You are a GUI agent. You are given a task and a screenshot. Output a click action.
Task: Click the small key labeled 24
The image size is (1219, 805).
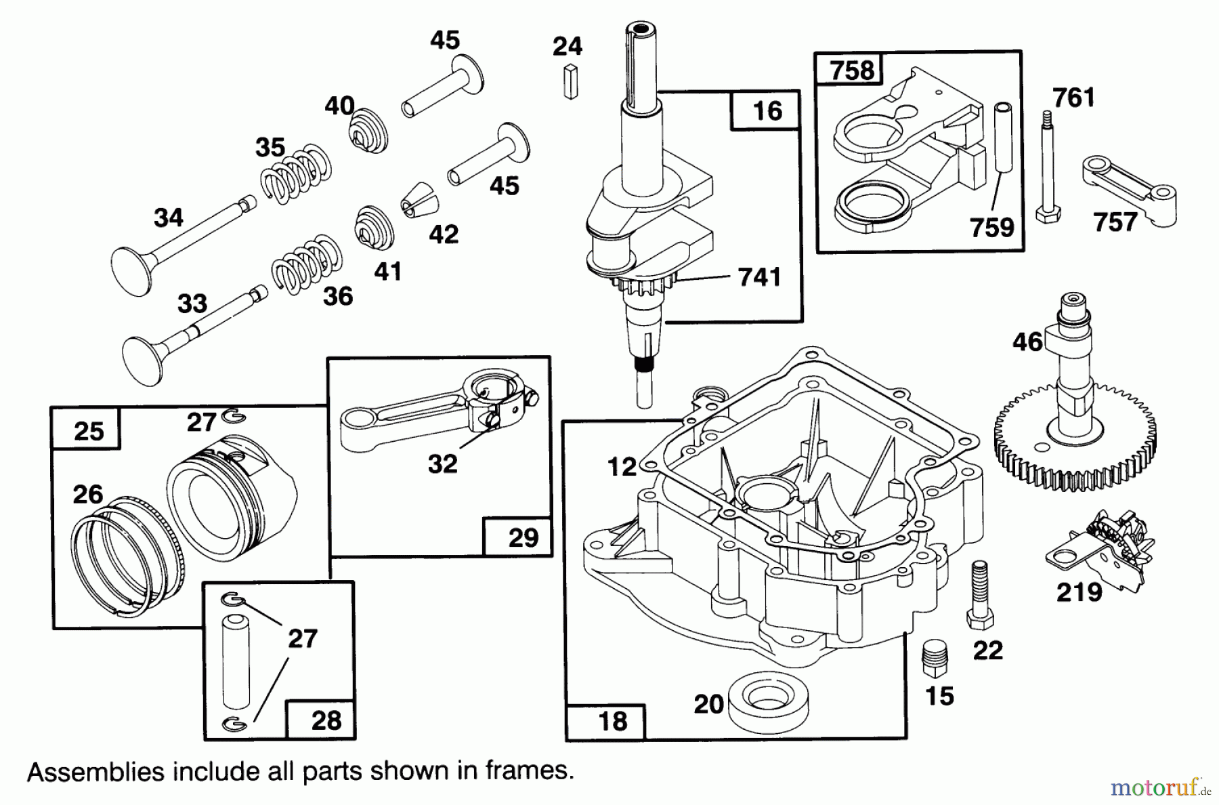click(x=571, y=82)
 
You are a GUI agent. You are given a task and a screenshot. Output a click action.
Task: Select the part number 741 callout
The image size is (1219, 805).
click(x=759, y=277)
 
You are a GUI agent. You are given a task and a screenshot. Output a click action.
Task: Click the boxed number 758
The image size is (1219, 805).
click(x=852, y=70)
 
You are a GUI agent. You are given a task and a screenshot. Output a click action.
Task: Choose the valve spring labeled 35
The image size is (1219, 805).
click(x=297, y=174)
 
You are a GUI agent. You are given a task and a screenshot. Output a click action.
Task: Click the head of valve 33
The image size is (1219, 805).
click(x=143, y=360)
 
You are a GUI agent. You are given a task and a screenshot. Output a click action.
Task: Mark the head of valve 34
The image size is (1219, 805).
click(x=131, y=272)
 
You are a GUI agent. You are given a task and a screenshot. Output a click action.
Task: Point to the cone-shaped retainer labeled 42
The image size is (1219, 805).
click(x=420, y=202)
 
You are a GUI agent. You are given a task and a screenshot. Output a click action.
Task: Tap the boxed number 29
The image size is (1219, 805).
click(x=523, y=538)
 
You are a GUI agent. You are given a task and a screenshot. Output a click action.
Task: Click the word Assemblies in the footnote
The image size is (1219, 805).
click(x=95, y=772)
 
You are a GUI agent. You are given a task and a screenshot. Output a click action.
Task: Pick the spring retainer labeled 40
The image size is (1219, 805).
click(x=370, y=129)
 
